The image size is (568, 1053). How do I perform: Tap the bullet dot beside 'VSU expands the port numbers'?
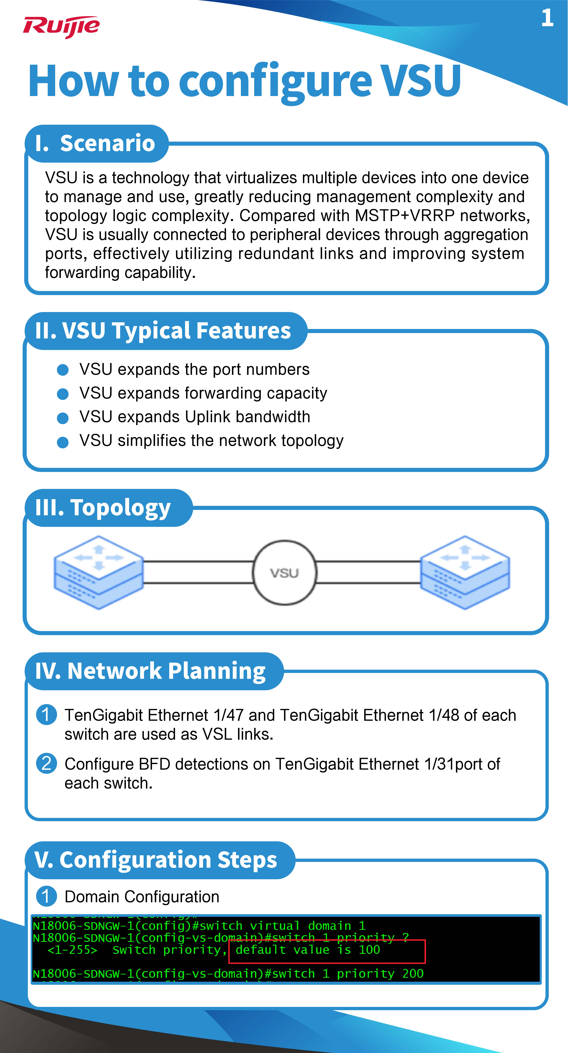pos(62,370)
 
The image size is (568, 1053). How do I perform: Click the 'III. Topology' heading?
pos(103,508)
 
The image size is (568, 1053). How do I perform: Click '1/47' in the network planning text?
pos(228,715)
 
